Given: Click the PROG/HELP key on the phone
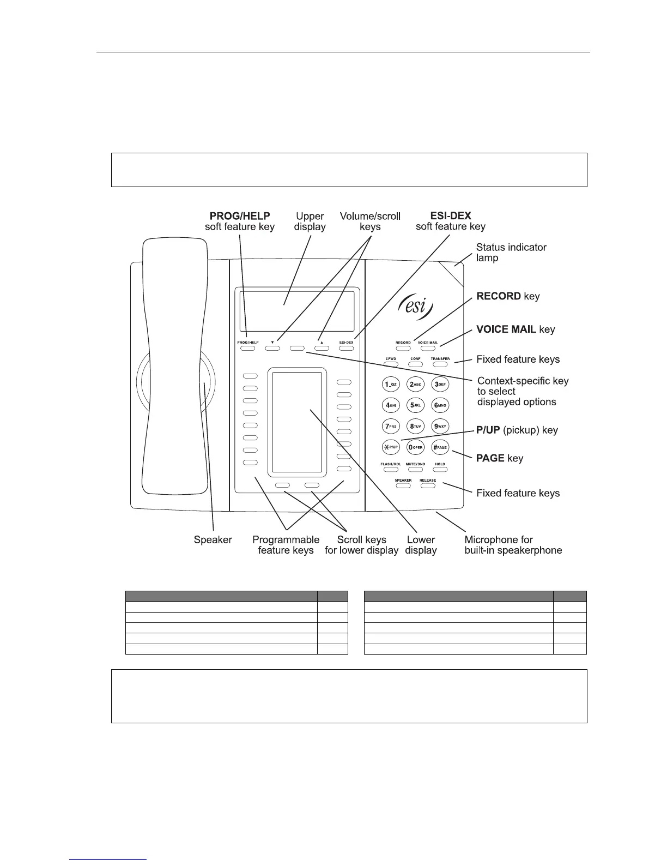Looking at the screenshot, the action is point(247,347).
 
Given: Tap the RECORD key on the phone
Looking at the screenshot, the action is point(403,347).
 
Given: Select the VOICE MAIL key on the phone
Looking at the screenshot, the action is point(428,347).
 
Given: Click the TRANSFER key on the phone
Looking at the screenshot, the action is point(440,364).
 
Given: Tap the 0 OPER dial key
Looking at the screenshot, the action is point(416,447).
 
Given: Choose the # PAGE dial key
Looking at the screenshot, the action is point(440,447).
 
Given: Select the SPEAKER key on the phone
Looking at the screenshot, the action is point(403,485).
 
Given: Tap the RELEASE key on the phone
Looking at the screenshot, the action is point(428,485).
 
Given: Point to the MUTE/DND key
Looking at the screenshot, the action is point(415,469).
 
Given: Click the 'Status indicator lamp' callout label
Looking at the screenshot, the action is point(511,252).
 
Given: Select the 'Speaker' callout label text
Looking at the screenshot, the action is point(213,539).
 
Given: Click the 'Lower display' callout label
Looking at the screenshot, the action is point(421,545).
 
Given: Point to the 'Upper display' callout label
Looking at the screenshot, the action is point(310,221).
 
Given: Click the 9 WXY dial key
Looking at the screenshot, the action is point(440,426).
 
